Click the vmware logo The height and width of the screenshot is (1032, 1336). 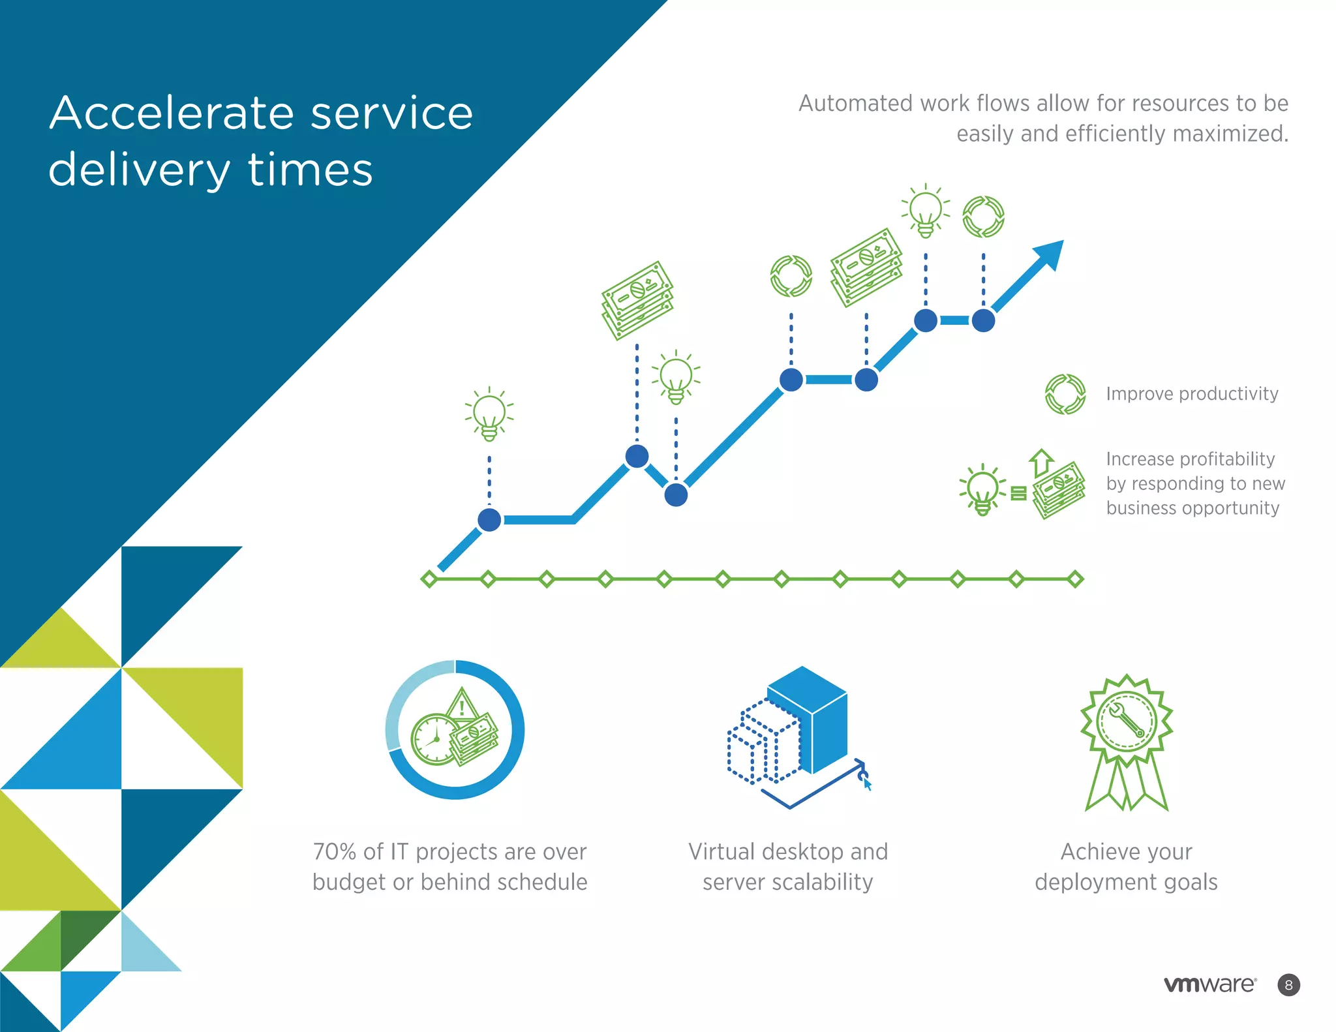tap(1209, 984)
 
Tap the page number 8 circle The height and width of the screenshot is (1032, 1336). tap(1288, 985)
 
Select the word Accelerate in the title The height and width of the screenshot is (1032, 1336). tap(171, 114)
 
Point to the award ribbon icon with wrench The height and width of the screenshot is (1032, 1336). tap(1126, 740)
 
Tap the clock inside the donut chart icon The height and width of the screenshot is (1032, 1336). tap(433, 740)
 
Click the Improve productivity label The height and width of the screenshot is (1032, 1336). tap(1192, 394)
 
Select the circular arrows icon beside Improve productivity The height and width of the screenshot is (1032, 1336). tap(1065, 394)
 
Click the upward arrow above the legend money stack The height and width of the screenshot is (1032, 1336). tap(1041, 463)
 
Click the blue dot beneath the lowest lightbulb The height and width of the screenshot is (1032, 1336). tap(489, 520)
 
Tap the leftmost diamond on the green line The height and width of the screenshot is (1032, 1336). tap(429, 579)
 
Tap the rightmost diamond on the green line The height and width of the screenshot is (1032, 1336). tap(1075, 579)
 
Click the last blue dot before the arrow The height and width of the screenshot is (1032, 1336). tap(983, 320)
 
